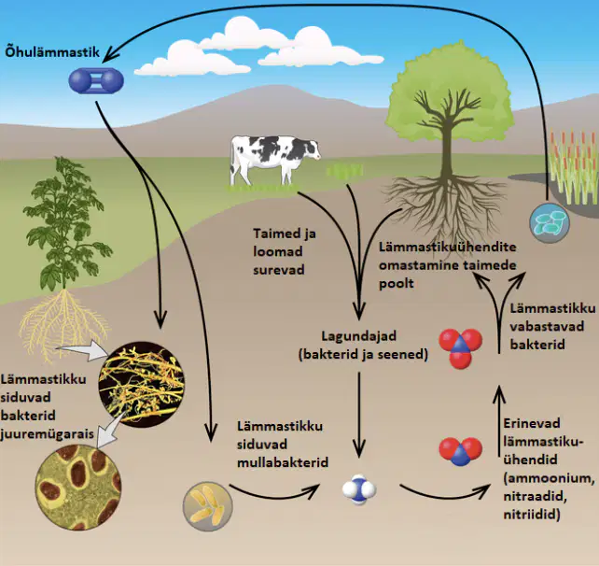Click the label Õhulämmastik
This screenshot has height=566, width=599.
click(52, 51)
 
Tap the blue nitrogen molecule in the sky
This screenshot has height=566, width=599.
click(96, 80)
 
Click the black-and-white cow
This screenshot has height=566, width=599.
click(275, 159)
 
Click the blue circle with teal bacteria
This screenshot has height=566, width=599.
click(550, 223)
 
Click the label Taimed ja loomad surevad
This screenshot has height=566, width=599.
click(285, 251)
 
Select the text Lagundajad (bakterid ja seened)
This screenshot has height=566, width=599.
click(363, 346)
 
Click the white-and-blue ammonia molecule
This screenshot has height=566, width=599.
click(359, 489)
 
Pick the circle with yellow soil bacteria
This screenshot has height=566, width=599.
click(207, 507)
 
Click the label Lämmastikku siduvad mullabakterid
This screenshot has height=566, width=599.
click(283, 445)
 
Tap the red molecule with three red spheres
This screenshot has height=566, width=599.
click(460, 348)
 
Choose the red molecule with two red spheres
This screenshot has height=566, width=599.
click(460, 451)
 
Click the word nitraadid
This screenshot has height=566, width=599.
click(535, 496)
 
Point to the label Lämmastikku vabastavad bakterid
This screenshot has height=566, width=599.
click(552, 327)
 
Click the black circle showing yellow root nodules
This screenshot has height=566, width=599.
click(141, 385)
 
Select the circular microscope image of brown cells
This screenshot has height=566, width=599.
click(78, 487)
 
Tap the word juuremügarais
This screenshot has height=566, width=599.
click(48, 434)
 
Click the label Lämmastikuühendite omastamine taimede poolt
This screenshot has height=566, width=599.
click(447, 265)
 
